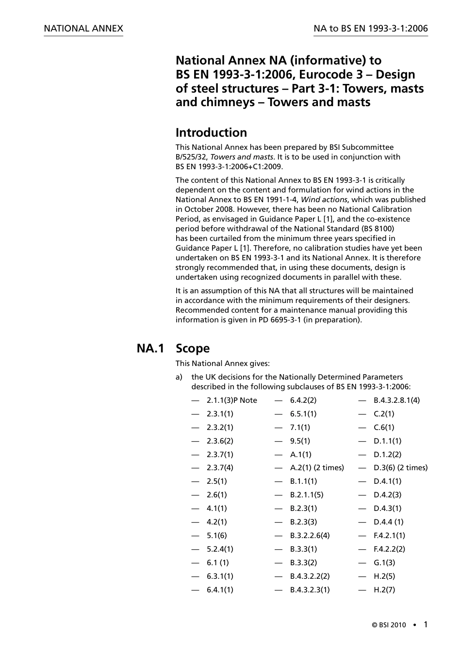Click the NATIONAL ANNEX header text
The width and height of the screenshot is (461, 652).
pyautogui.click(x=83, y=29)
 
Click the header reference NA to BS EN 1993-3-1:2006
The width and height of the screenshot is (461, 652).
pyautogui.click(x=371, y=29)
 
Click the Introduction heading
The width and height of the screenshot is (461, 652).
pyautogui.click(x=211, y=132)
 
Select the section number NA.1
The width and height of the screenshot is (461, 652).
pyautogui.click(x=150, y=348)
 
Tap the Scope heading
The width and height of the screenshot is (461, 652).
pyautogui.click(x=193, y=348)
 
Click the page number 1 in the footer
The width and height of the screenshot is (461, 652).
pyautogui.click(x=426, y=624)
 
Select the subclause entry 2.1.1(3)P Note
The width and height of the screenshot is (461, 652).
pyautogui.click(x=231, y=400)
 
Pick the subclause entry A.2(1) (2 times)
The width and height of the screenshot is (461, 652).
pyautogui.click(x=317, y=468)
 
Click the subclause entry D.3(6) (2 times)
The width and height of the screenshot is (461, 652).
pyautogui.click(x=400, y=468)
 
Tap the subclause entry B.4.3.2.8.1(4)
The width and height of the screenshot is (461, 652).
pyautogui.click(x=396, y=400)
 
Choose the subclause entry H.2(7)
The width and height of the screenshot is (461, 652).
pyautogui.click(x=384, y=590)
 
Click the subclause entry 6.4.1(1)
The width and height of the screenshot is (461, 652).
pyautogui.click(x=220, y=590)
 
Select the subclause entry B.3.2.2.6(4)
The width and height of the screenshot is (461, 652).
pyautogui.click(x=310, y=536)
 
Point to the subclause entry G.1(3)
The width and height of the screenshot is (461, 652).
pyautogui.click(x=384, y=563)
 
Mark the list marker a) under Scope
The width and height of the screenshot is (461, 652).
pyautogui.click(x=179, y=377)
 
